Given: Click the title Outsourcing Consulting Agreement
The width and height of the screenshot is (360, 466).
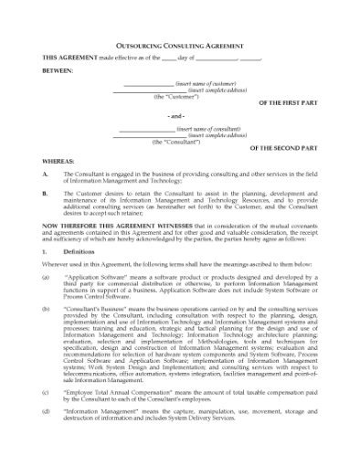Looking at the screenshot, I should click(x=179, y=43).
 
